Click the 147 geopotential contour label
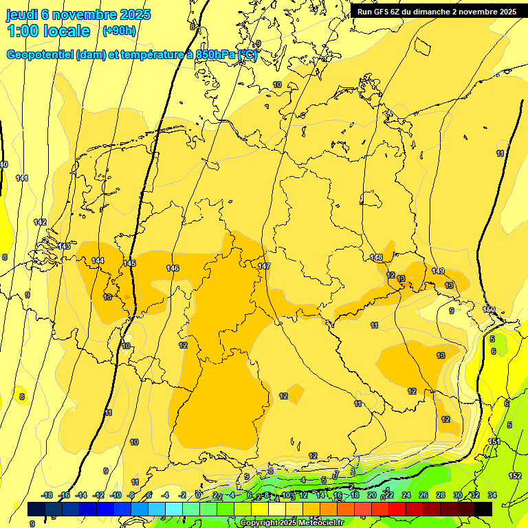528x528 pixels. [x=264, y=266]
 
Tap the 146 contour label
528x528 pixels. [x=173, y=268]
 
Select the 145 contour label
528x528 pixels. [x=129, y=263]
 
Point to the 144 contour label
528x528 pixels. [x=98, y=261]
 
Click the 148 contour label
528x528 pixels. [x=376, y=258]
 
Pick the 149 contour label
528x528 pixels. [x=438, y=271]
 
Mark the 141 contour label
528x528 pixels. [x=22, y=178]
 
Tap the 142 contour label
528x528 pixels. [x=40, y=222]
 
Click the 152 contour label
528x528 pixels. [x=515, y=476]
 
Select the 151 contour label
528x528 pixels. [x=494, y=441]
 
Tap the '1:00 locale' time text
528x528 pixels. [x=49, y=31]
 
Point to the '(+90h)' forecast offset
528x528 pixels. [x=120, y=31]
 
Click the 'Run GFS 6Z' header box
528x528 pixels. [x=437, y=11]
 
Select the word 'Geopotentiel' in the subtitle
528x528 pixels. [x=41, y=55]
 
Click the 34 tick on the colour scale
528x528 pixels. [x=492, y=495]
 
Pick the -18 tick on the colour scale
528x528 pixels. [x=47, y=495]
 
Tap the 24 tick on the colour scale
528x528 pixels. [x=406, y=495]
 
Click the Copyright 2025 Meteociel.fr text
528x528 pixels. [x=291, y=522]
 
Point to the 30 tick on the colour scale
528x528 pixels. [x=458, y=495]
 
